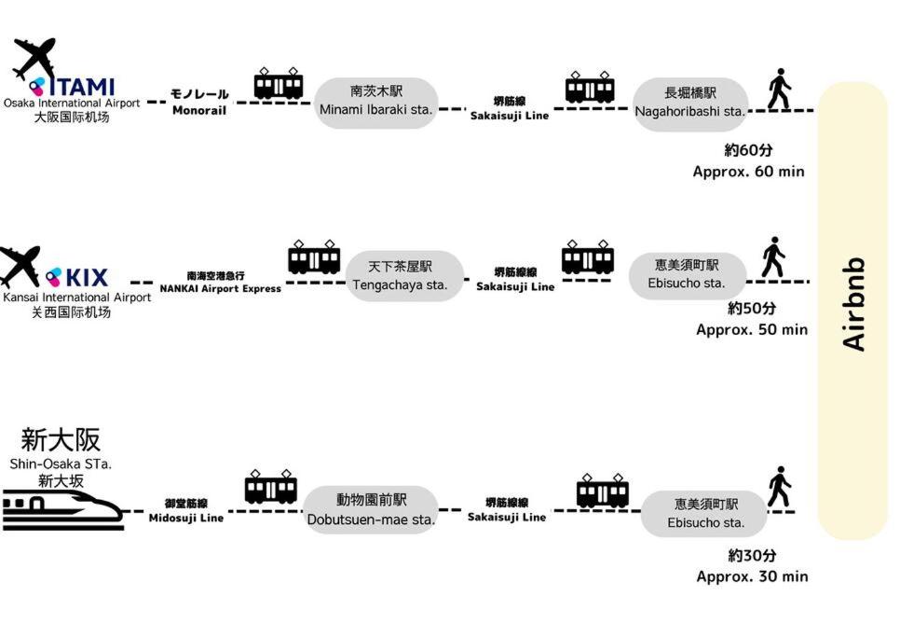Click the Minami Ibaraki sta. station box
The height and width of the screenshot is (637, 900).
[x=375, y=102]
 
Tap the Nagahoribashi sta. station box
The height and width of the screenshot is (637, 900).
[x=690, y=103]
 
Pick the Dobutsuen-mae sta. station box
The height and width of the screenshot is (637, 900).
[x=371, y=510]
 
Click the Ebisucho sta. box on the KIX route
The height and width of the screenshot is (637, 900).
[x=688, y=274]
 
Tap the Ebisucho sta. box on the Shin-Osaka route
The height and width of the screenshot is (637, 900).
[x=705, y=514]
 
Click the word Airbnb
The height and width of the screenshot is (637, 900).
[x=854, y=304]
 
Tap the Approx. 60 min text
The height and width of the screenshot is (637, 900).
[x=748, y=172]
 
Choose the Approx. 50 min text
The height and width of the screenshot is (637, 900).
[x=751, y=329]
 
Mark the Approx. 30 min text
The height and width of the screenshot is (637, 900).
[x=752, y=576]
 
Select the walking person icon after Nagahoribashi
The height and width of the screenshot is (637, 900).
[x=779, y=90]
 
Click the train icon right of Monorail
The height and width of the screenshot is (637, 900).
[x=279, y=84]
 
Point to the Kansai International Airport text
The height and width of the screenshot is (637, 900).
[x=76, y=298]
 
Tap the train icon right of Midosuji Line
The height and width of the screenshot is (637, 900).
[x=270, y=488]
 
